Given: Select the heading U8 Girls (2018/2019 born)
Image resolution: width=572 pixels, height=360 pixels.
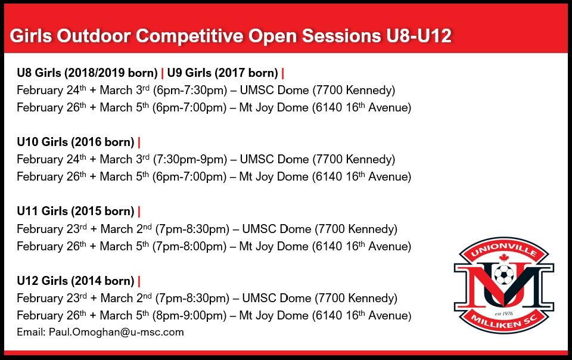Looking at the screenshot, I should pos(88,73).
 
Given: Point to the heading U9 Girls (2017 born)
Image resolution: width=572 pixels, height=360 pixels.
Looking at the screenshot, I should pos(223,73).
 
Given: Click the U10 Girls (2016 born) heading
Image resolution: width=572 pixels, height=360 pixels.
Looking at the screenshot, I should pos(75,142).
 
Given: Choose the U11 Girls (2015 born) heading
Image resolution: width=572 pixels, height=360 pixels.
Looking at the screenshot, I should pos(75,212).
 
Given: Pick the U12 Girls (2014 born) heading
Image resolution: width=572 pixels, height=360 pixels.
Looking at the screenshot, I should pos(75,281).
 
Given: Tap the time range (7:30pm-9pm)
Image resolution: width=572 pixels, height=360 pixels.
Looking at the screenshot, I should pos(190,160).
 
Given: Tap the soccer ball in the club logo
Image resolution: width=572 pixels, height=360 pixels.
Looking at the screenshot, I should pos(504,275).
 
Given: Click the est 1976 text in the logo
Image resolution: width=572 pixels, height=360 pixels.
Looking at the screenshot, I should pos(504,311).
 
